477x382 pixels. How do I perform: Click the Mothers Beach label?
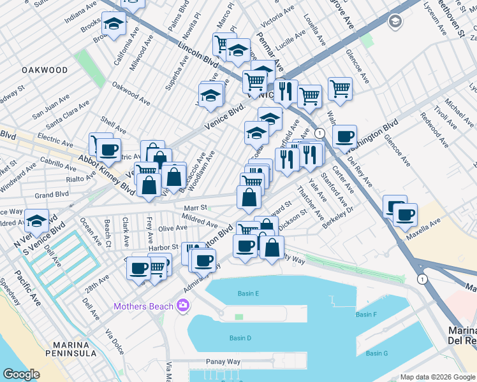click(x=143, y=306)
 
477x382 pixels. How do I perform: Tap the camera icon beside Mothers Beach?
click(x=184, y=306)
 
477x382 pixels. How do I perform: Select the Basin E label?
click(x=248, y=294)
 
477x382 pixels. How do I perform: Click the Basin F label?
click(x=366, y=315)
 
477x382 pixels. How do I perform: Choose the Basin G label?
click(x=377, y=353)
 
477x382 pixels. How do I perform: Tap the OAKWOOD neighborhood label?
click(x=45, y=69)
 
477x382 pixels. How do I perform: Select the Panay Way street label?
click(x=223, y=362)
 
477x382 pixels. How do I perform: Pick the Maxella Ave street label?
click(x=427, y=224)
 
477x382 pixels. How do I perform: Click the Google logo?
click(x=21, y=374)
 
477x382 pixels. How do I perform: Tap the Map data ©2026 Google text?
click(x=438, y=377)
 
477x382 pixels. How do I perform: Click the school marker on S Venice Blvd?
click(x=38, y=220)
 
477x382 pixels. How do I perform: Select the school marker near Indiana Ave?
click(x=114, y=25)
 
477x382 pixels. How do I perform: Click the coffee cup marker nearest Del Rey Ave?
click(x=344, y=135)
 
